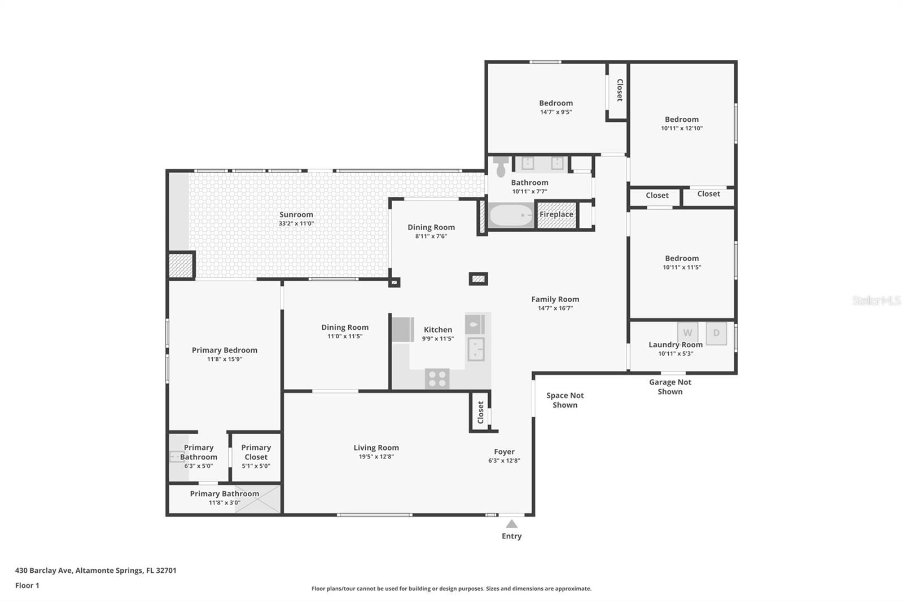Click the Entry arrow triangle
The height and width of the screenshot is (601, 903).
[511, 524]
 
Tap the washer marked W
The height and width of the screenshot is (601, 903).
[688, 333]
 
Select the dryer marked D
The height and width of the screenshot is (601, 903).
[716, 333]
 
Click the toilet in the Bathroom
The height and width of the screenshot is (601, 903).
[501, 166]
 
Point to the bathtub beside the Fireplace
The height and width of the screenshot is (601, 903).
[511, 215]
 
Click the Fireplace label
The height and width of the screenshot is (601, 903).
[556, 214]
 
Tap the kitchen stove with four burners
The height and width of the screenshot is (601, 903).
[437, 379]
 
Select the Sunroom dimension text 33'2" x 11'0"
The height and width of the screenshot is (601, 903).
[296, 224]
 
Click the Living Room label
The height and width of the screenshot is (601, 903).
[376, 448]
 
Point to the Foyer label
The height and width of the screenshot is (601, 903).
[505, 452]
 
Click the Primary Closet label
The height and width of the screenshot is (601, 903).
[256, 452]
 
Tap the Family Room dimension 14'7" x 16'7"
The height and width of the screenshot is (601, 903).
[555, 308]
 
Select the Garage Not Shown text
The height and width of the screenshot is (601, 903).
[670, 387]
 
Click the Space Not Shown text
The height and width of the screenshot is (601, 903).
[565, 400]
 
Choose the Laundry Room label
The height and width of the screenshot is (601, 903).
[676, 345]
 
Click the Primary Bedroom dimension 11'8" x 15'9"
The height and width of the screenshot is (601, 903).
[225, 359]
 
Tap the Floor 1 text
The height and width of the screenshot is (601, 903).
[27, 585]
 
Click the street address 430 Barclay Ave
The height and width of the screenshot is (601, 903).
[43, 571]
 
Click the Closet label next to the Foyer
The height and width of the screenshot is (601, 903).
[480, 413]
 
